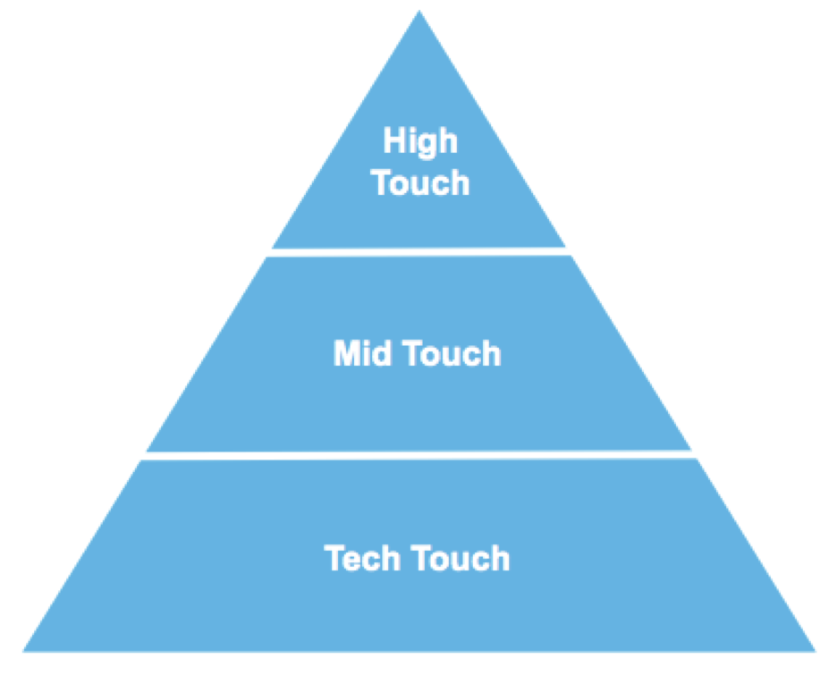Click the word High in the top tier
point(420,141)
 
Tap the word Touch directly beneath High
point(420,182)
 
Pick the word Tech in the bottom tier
point(366,559)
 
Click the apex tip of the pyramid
point(419,13)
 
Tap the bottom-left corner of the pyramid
point(25,649)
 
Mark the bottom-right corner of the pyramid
point(814,649)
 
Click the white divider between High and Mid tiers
point(418,252)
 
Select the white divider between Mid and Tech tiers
point(418,455)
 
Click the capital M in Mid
point(347,354)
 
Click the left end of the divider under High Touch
point(272,252)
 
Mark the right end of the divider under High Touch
point(567,251)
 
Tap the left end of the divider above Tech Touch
point(146,455)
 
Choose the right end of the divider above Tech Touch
point(694,454)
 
